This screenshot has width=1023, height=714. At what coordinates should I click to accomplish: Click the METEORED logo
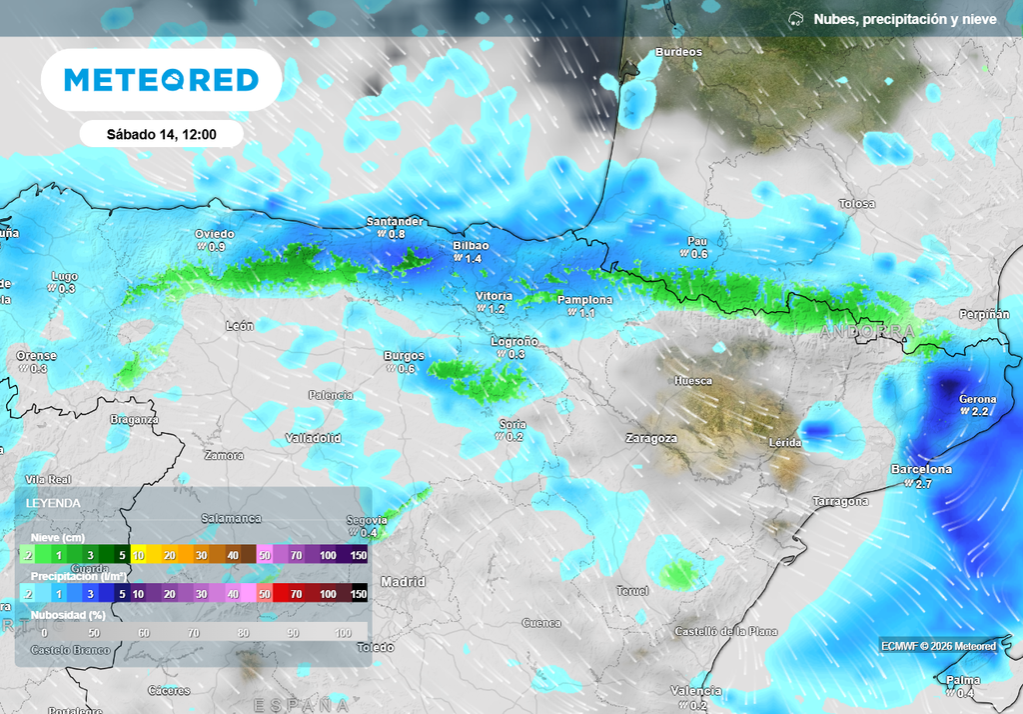(161, 80)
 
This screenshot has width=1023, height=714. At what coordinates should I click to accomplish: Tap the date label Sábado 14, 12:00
(161, 134)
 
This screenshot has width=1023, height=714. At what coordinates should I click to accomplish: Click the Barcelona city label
(921, 469)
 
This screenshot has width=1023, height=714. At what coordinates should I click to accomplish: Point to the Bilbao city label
(471, 245)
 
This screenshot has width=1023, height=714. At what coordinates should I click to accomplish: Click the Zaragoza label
(650, 438)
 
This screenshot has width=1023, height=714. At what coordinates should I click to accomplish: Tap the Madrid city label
(403, 581)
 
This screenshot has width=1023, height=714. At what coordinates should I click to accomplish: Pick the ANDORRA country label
(866, 330)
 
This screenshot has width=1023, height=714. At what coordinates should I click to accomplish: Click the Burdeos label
(678, 52)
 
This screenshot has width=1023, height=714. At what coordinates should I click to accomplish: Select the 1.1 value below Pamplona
(587, 313)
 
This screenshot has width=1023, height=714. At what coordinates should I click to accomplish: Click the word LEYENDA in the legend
(54, 503)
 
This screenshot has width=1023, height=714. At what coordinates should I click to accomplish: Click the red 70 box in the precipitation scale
(296, 593)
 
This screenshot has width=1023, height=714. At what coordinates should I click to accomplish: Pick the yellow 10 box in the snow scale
(140, 555)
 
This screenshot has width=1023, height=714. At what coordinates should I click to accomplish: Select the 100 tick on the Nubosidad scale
(343, 632)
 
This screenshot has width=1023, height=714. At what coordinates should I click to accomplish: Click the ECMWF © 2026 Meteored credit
(938, 646)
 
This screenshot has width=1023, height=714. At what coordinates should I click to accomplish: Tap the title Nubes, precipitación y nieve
(905, 19)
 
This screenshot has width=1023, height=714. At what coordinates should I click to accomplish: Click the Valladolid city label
(313, 438)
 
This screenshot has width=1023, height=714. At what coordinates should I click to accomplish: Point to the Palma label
(963, 681)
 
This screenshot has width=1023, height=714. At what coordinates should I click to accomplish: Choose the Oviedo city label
(214, 234)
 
